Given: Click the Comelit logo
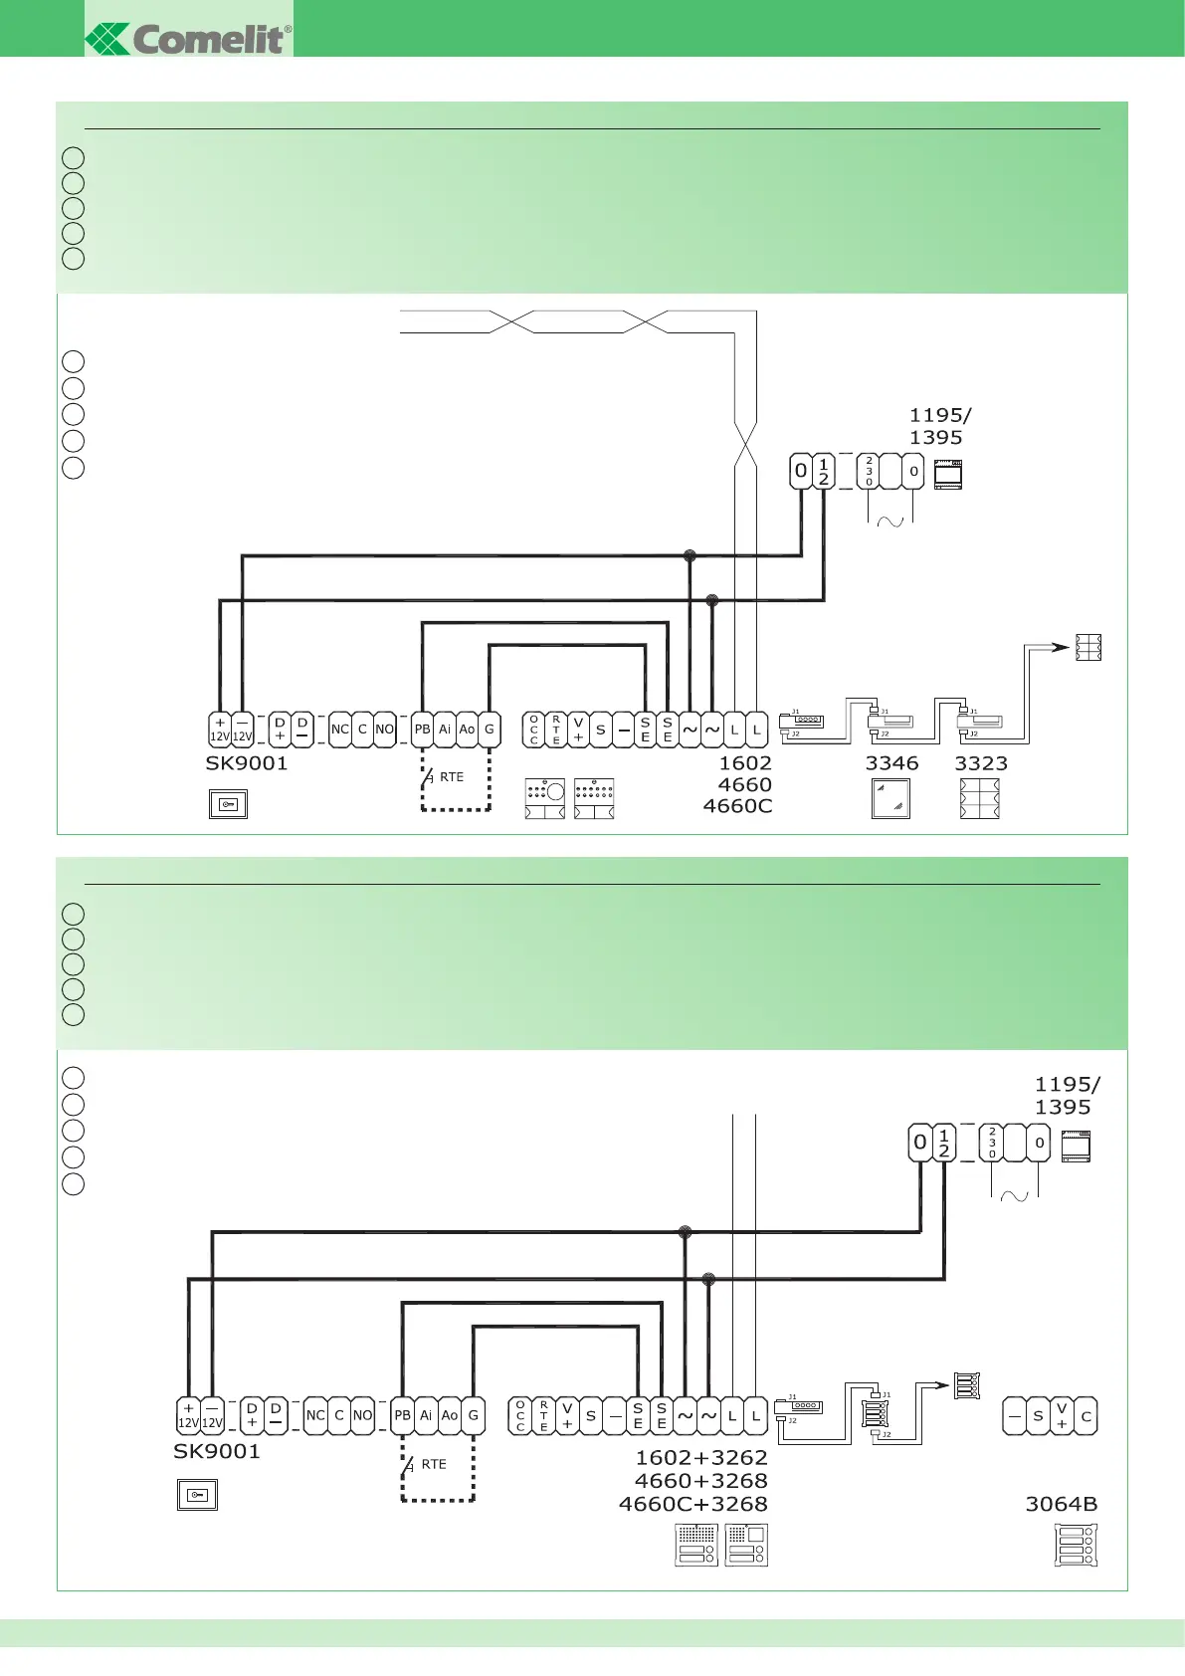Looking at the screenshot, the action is click(189, 39).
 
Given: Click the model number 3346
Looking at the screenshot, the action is click(891, 763).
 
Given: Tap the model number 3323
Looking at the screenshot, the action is click(981, 763).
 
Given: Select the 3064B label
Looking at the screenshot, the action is click(1062, 1504).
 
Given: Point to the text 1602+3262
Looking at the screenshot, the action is click(701, 1458).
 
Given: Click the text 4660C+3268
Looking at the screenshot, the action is click(693, 1504).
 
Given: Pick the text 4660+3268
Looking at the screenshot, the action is click(701, 1481).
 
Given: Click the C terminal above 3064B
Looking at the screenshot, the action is click(1086, 1416).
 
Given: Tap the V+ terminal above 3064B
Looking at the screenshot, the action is click(1062, 1416).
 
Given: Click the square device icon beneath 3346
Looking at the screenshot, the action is click(890, 799).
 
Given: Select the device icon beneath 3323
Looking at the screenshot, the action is click(980, 799).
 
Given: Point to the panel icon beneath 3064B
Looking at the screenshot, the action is click(1075, 1546).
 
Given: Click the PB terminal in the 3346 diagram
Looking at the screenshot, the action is click(423, 730).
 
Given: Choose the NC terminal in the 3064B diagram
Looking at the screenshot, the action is click(315, 1415).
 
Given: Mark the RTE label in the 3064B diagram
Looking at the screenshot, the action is click(434, 1464).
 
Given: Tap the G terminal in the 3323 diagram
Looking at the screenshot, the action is click(490, 730).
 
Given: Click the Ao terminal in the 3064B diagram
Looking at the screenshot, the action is click(450, 1415).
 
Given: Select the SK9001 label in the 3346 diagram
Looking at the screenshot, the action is click(246, 763).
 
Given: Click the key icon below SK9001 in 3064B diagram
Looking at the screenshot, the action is click(197, 1495).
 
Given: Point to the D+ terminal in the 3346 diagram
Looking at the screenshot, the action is click(280, 730).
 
